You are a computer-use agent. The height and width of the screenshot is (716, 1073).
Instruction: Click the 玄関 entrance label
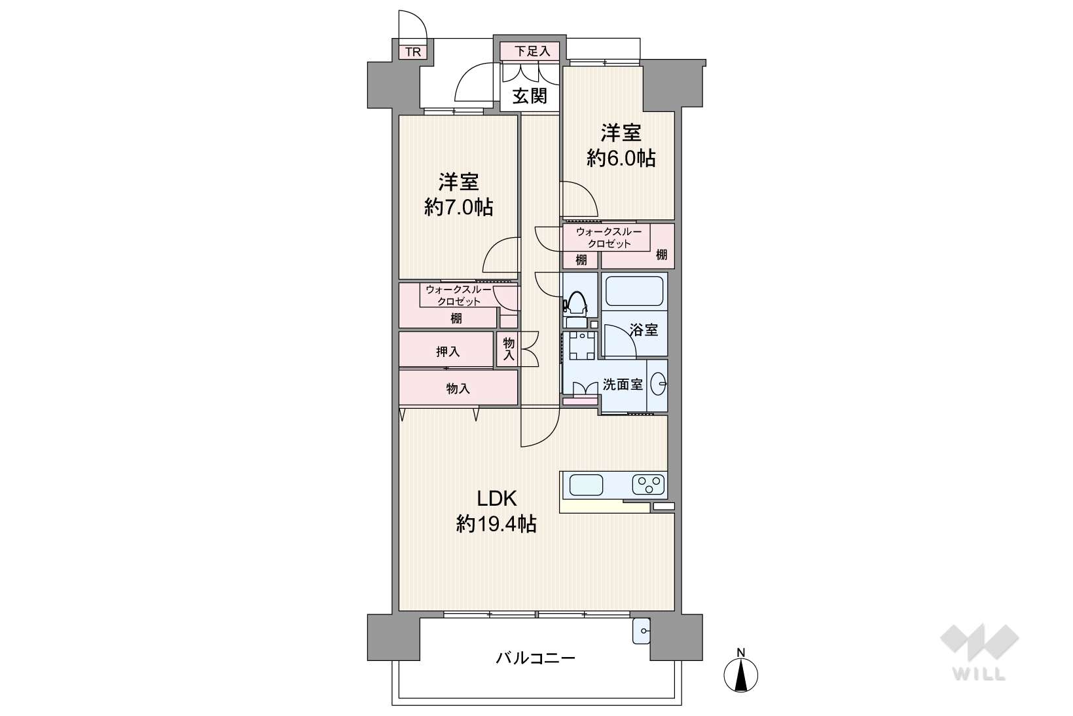pos(530,96)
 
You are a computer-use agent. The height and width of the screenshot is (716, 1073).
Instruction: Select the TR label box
pos(413,52)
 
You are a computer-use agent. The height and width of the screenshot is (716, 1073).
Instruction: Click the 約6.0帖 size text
pos(621,158)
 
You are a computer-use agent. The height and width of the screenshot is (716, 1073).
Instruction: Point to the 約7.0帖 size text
pos(458,207)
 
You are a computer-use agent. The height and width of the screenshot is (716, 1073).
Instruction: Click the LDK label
pos(497,499)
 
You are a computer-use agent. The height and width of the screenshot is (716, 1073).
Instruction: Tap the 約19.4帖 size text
pos(496,524)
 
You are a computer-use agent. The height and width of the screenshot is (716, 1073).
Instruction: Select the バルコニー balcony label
pos(536,658)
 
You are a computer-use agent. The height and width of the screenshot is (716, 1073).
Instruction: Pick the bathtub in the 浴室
pos(634,291)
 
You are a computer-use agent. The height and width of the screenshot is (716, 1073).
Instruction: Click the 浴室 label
pos(644,330)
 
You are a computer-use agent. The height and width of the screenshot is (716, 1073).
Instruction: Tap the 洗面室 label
pos(622,385)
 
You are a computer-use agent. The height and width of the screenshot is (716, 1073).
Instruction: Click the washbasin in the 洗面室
pos(658,384)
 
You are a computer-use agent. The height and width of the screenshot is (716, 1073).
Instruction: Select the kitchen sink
pos(586,485)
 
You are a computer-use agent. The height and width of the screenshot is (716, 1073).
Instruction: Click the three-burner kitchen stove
pos(648,485)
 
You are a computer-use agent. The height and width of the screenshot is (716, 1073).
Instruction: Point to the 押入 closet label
pos(448,352)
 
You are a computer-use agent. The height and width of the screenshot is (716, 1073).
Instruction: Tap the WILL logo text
pos(979,675)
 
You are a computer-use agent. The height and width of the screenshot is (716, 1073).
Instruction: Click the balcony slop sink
pos(641,631)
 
